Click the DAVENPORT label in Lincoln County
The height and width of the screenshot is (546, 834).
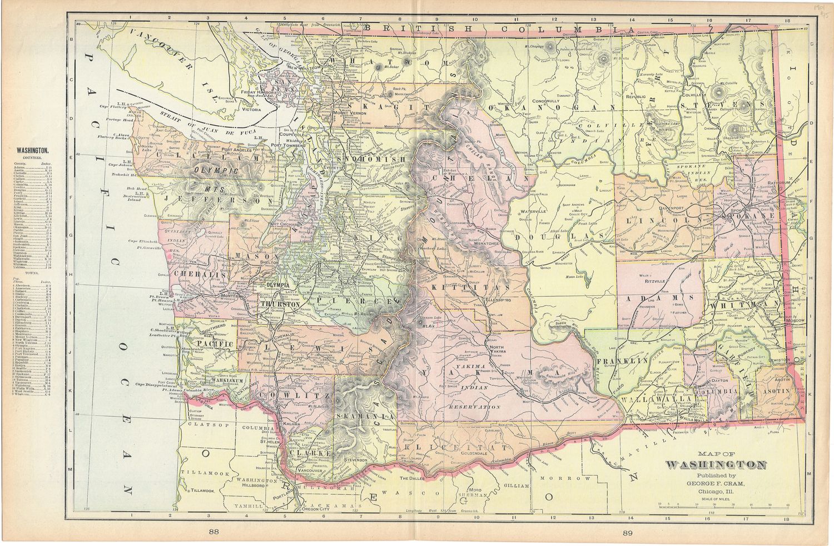(671, 207)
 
